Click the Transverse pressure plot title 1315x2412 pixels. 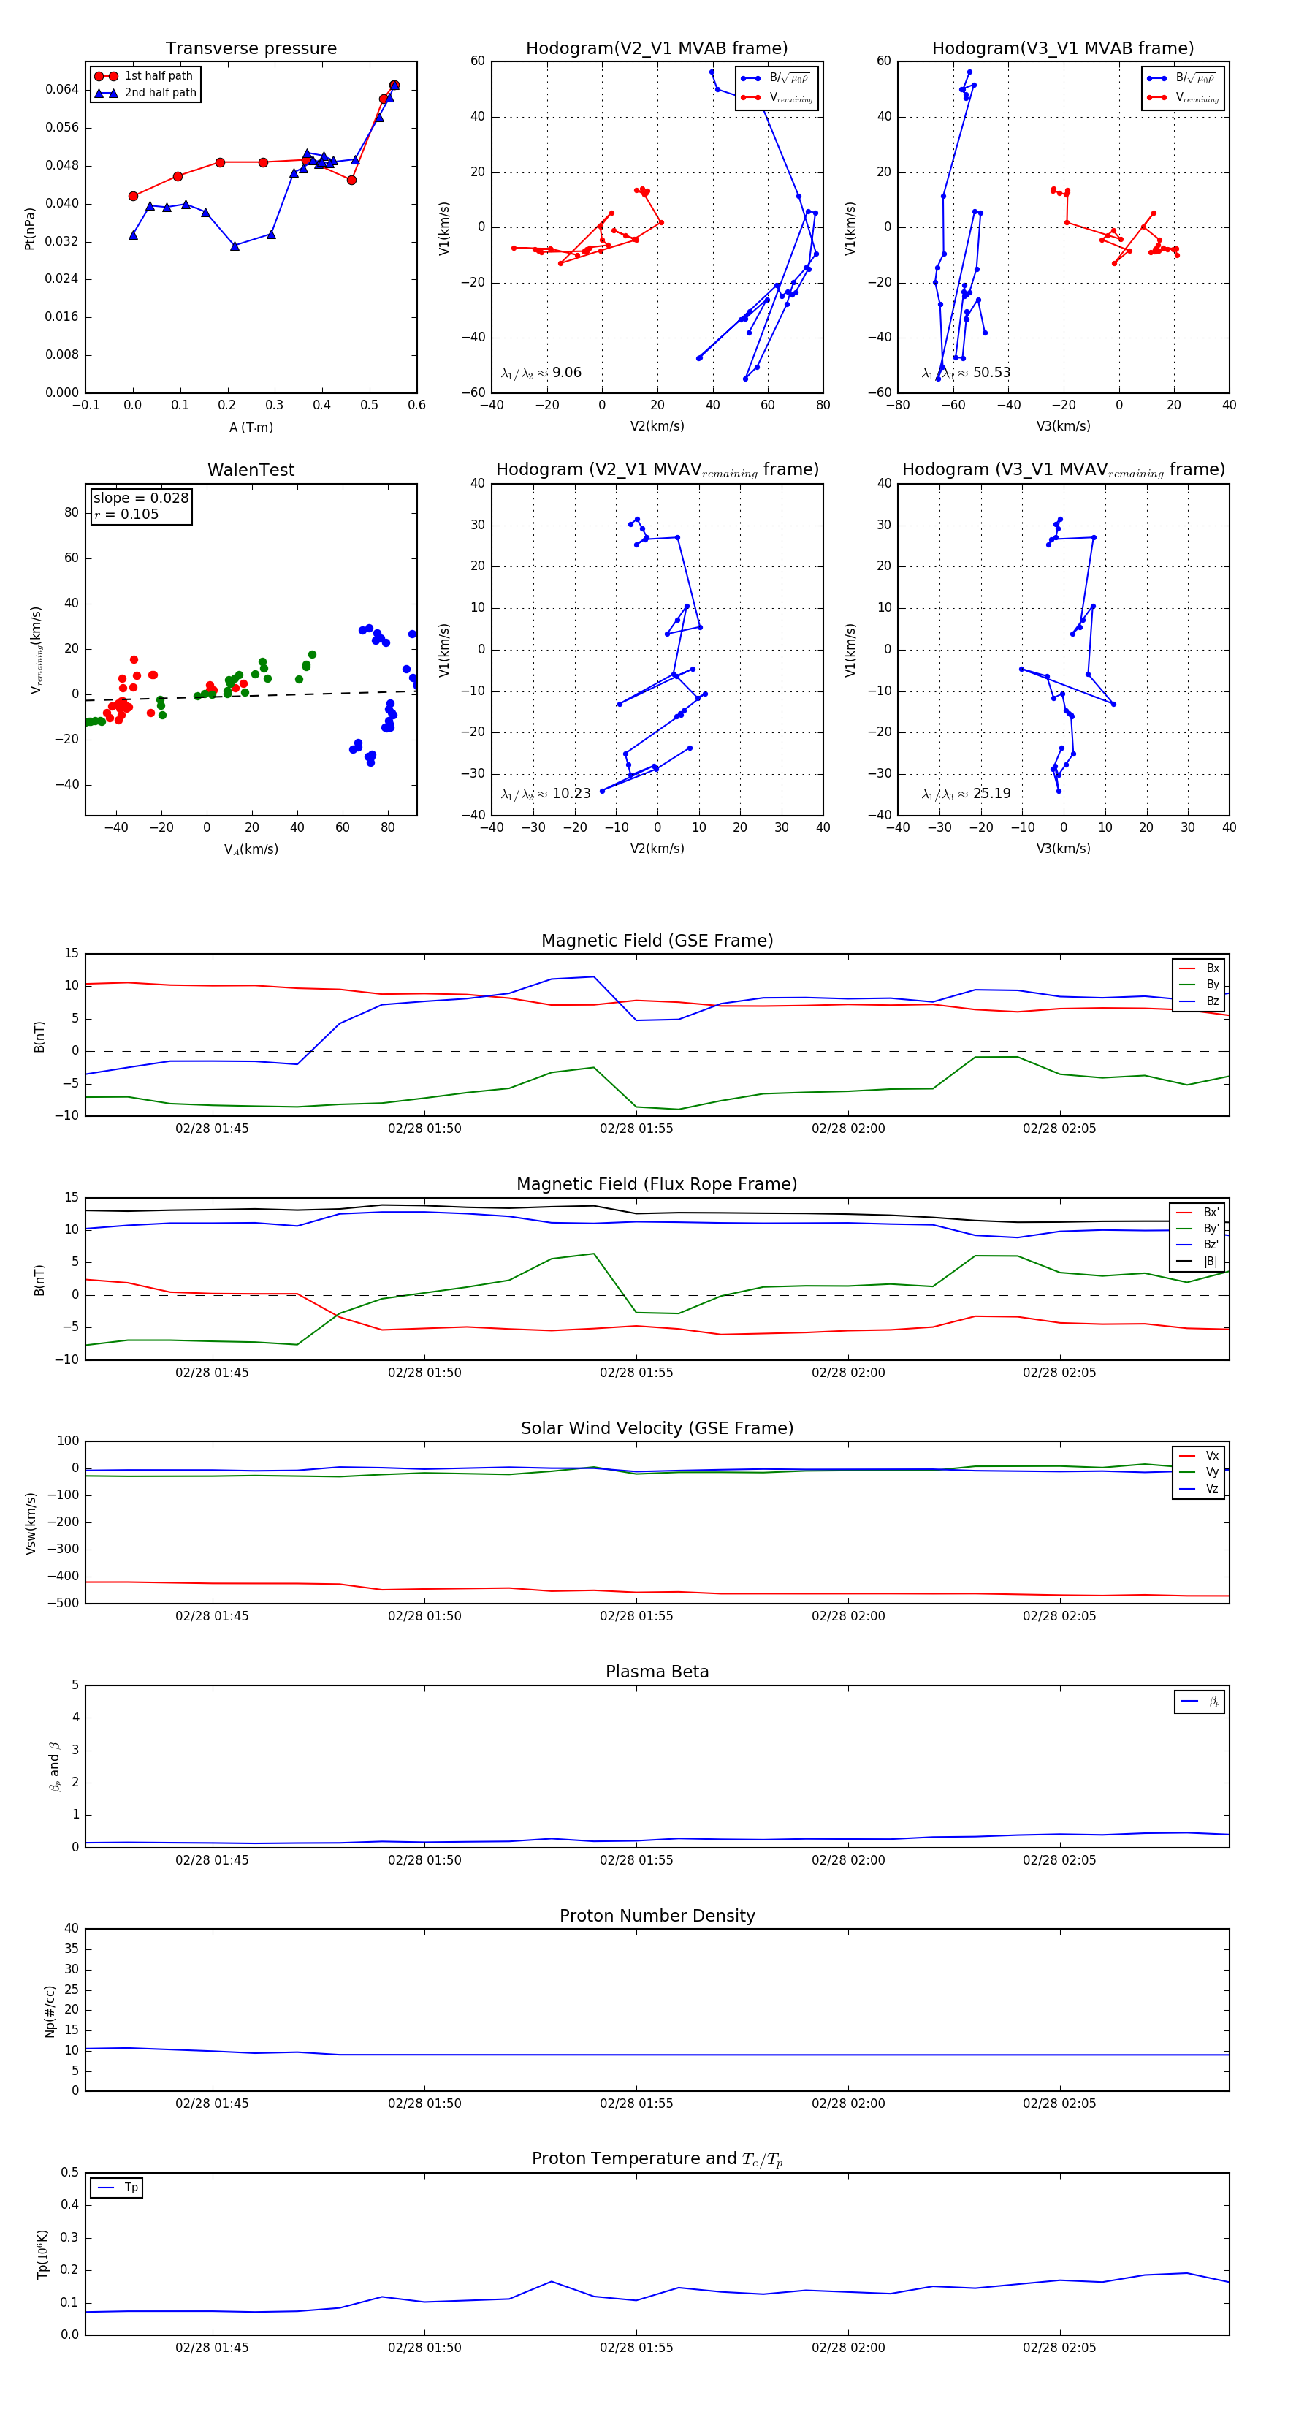tap(251, 49)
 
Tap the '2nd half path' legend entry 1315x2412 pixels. tap(160, 93)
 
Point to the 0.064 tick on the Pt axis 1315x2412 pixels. tap(62, 90)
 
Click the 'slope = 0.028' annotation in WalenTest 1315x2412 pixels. tap(140, 498)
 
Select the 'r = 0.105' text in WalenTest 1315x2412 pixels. tap(126, 514)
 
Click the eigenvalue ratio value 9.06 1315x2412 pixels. tap(566, 373)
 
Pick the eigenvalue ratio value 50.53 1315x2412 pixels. tap(991, 373)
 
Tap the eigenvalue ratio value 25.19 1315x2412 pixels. tap(991, 794)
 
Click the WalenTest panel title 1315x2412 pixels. tap(251, 470)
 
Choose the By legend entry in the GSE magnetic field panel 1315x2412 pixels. tap(1212, 984)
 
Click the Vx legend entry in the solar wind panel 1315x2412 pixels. tap(1212, 1456)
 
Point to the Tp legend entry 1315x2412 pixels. tap(131, 2188)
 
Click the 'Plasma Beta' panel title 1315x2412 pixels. tap(657, 1672)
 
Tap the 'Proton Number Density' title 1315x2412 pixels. tap(657, 1916)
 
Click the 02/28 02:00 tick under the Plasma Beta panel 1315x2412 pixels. tap(848, 1860)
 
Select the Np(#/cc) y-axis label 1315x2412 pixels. tap(50, 2011)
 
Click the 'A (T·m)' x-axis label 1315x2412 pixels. tap(251, 427)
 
